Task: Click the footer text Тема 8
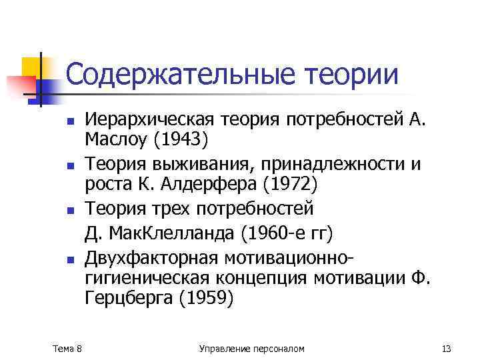point(67,347)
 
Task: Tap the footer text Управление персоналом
point(251,347)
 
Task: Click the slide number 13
point(446,347)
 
